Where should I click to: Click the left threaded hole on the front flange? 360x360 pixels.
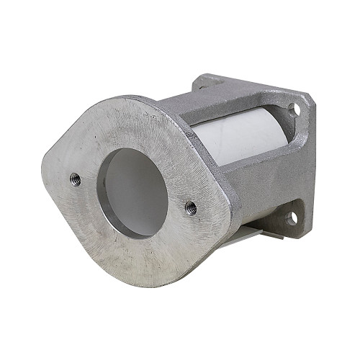pos(75,179)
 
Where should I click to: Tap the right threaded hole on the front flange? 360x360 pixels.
pos(191,208)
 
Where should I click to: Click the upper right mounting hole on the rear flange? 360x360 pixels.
pos(294,109)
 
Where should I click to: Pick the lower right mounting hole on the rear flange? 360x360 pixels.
pos(291,216)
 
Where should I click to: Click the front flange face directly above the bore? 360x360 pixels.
pos(133,126)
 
